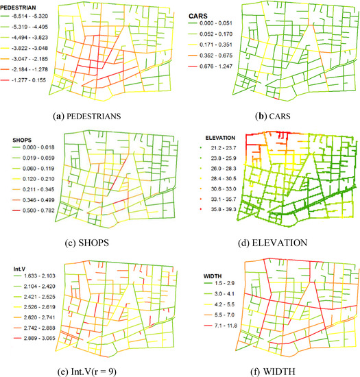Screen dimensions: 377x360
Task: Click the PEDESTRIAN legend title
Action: (x=22, y=6)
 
